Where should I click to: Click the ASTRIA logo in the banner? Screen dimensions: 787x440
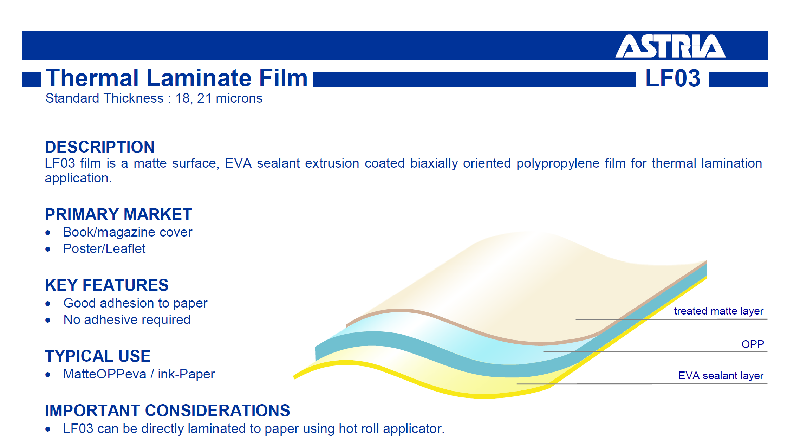[x=670, y=46]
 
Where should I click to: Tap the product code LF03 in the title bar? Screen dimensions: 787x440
[x=673, y=78]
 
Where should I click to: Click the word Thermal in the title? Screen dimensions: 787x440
[x=92, y=78]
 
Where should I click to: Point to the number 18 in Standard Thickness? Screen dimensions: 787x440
[x=183, y=98]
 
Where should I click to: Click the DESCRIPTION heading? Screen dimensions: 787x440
[x=100, y=147]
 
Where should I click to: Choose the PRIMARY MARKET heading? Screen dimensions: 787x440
[x=118, y=214]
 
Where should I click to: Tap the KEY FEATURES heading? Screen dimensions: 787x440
[x=107, y=285]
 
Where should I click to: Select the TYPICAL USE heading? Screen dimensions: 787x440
[x=98, y=356]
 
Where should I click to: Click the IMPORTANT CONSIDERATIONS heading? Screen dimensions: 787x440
[x=168, y=410]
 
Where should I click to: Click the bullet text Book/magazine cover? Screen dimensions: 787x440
[x=128, y=232]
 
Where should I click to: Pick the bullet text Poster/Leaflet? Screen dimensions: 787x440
[x=104, y=249]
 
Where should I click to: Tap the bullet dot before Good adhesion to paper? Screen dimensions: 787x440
[x=48, y=304]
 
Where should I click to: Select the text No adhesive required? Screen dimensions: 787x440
[x=127, y=320]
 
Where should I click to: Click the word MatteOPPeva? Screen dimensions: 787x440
[x=105, y=374]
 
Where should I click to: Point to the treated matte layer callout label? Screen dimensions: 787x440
[x=718, y=311]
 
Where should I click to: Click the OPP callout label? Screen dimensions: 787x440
[x=753, y=344]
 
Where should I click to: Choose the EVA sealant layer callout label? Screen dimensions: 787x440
[x=721, y=376]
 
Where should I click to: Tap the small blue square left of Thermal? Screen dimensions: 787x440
[x=32, y=79]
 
